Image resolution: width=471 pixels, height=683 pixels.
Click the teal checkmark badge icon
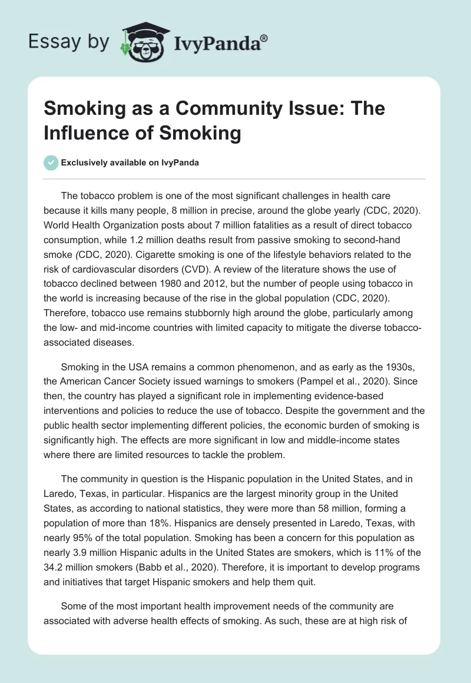point(51,163)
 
